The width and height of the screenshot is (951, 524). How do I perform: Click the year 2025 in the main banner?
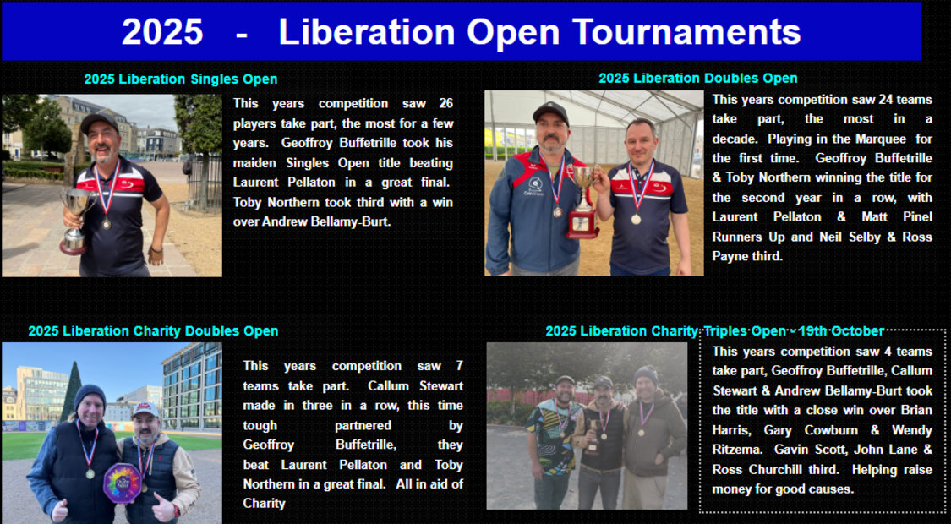coord(162,31)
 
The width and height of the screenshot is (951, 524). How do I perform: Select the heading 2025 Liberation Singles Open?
coord(181,79)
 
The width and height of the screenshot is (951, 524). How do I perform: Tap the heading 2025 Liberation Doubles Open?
coord(698,79)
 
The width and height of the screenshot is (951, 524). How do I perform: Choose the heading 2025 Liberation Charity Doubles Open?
coord(154,331)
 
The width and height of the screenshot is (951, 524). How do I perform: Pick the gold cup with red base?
coord(582,201)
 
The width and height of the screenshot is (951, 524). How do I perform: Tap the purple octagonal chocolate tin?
coord(122,483)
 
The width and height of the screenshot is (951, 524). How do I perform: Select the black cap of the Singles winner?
coord(99,123)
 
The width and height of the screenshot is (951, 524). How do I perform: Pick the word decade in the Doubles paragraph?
coord(733,139)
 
